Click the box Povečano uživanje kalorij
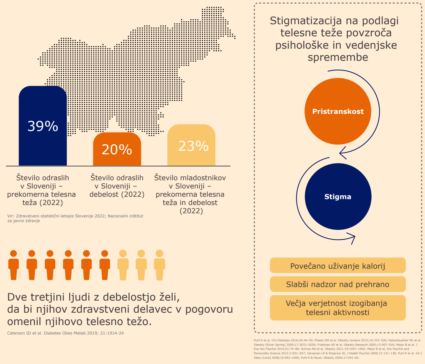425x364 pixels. point(338,266)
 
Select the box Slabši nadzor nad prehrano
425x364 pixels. point(338,284)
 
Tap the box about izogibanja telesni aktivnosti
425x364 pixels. point(338,308)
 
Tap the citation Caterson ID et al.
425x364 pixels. point(65,333)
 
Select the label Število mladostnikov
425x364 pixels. point(190,178)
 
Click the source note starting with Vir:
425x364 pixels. point(75,218)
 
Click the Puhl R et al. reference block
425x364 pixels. point(338,349)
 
